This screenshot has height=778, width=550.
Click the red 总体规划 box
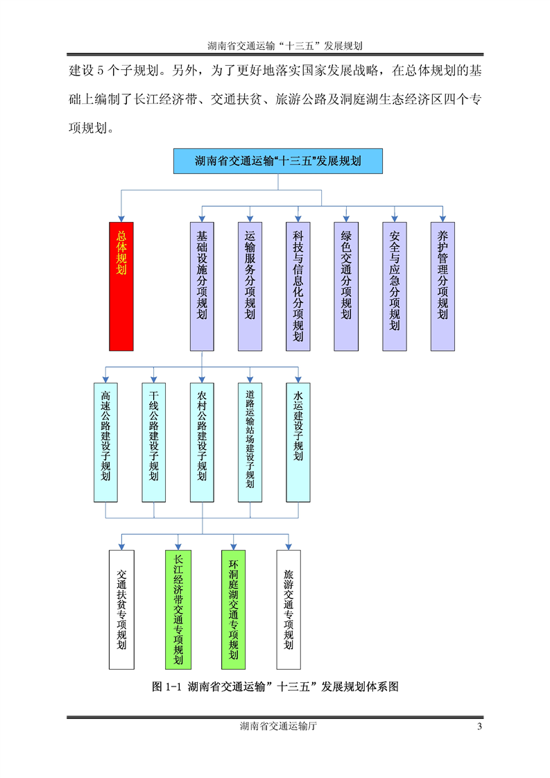click(x=121, y=286)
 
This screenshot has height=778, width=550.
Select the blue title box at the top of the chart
click(x=277, y=161)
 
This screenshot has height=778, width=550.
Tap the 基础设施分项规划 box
click(x=202, y=286)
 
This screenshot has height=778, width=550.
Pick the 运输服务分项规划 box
click(x=250, y=286)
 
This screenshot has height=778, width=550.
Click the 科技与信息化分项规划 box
click(x=298, y=286)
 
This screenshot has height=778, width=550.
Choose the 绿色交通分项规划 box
click(x=346, y=286)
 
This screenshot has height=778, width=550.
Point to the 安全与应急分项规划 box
click(x=395, y=286)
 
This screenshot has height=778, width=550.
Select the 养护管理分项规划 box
click(x=442, y=286)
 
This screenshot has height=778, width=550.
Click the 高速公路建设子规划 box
click(x=105, y=442)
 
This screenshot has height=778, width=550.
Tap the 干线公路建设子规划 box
click(x=153, y=442)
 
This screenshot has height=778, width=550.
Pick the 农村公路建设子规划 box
click(x=202, y=442)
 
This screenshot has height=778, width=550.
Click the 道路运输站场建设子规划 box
click(x=250, y=442)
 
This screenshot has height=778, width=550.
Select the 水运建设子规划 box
click(x=298, y=442)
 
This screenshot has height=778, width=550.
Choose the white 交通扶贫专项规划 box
click(x=121, y=610)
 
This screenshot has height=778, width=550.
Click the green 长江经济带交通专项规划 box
click(x=178, y=610)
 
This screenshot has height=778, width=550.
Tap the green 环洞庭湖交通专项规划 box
click(x=234, y=610)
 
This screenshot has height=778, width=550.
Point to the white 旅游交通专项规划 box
click(x=289, y=610)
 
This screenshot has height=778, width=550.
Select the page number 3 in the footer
click(x=479, y=727)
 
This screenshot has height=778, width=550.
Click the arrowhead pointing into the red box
click(x=121, y=218)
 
